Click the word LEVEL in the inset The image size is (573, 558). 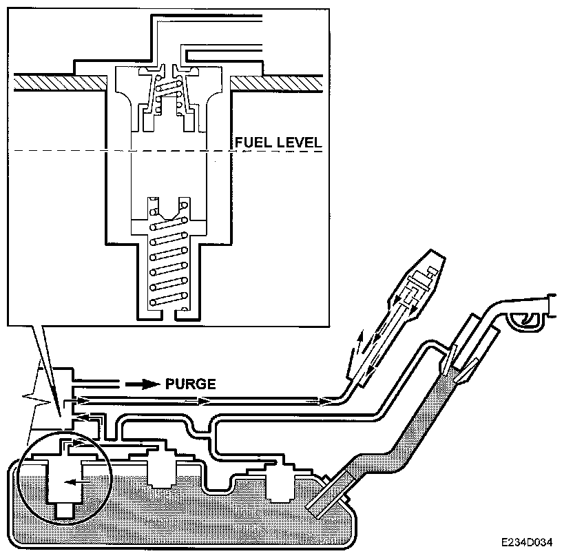[x=299, y=142]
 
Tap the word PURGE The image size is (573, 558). [x=190, y=384]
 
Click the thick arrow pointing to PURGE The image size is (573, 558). [x=143, y=384]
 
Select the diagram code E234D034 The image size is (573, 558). [x=527, y=542]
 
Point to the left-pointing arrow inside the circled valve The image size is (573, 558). [x=77, y=482]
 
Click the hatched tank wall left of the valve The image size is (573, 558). [x=61, y=83]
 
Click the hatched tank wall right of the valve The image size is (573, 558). [x=277, y=83]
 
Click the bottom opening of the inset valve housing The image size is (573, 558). [x=169, y=314]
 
